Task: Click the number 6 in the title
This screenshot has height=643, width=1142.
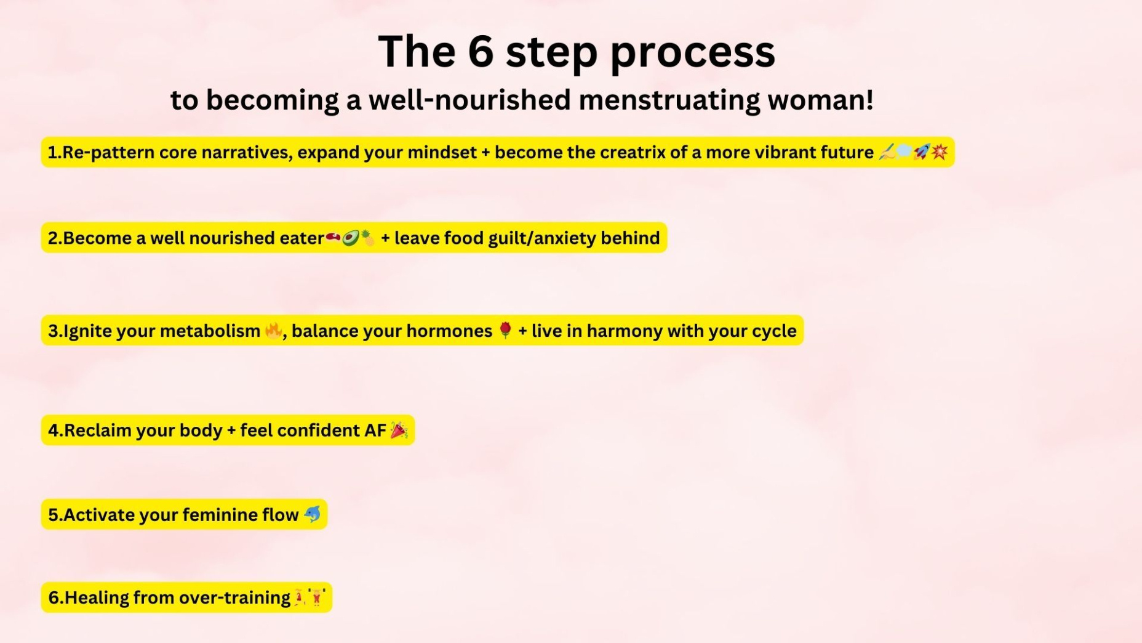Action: pos(481,51)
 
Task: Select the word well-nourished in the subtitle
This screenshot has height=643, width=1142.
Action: pos(469,100)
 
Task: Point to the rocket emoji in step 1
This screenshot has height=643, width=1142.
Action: pos(922,152)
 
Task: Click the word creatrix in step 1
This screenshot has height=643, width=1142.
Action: pos(632,152)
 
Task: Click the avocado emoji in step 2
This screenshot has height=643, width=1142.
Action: pos(350,238)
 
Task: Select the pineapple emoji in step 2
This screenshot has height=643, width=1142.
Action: pos(367,238)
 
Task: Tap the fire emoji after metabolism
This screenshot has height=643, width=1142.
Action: pos(273,331)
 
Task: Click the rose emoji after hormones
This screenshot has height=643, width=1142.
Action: pos(505,331)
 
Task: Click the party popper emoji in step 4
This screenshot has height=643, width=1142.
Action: pos(399,430)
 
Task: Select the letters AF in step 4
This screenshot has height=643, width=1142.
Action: pos(375,430)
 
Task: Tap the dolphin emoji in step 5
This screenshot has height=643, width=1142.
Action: pos(313,514)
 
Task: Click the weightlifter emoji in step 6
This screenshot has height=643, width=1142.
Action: pos(317,597)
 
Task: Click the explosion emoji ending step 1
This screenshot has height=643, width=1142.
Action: pos(940,152)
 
